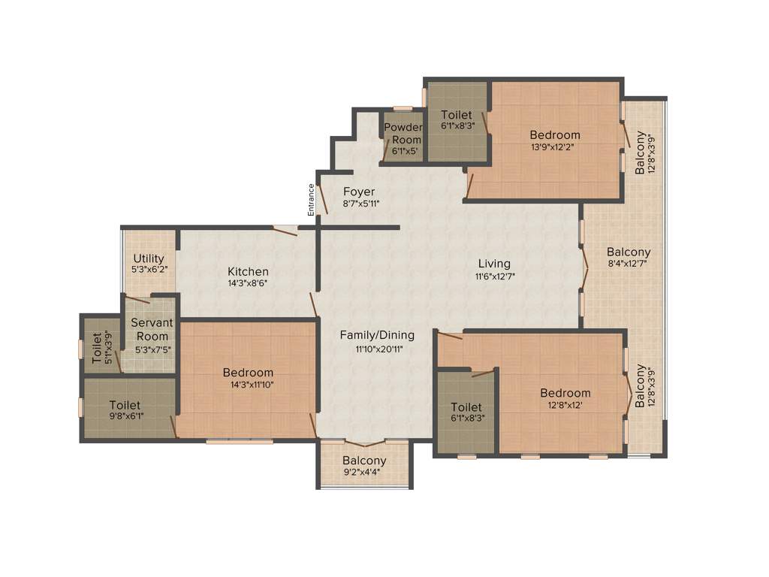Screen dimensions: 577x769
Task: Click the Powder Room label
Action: (403, 134)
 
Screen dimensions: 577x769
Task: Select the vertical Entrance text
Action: (310, 200)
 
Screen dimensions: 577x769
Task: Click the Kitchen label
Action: (248, 271)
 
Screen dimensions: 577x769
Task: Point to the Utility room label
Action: (149, 258)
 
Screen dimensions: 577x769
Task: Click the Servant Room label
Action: (152, 329)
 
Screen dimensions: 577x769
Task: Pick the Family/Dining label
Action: (376, 335)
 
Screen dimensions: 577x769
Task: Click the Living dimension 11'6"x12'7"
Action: (493, 276)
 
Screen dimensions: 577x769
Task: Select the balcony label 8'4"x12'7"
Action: (629, 264)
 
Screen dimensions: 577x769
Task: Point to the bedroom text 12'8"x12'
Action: (565, 405)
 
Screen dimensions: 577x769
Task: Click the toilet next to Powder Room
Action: (457, 120)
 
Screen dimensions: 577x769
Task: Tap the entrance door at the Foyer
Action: (321, 200)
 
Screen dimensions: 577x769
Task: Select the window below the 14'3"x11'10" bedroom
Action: (240, 442)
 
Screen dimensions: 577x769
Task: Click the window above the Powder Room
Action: (403, 108)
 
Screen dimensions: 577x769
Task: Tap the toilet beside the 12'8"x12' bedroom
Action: (466, 413)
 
